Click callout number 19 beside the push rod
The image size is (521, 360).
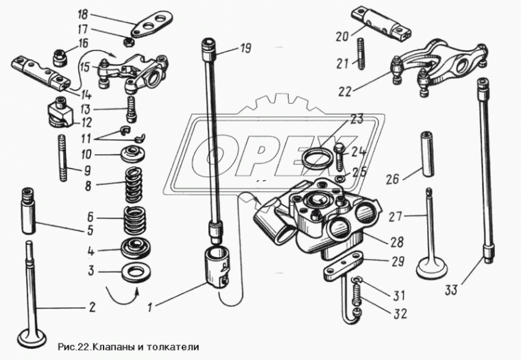245,49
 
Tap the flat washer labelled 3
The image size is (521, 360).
136,272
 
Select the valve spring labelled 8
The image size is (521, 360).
134,185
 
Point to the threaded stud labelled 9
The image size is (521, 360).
63,157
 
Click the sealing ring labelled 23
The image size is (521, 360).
318,159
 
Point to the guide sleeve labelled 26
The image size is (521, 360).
428,154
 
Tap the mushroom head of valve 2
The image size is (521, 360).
32,337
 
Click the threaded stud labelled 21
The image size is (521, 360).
361,53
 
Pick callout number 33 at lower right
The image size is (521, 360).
451,290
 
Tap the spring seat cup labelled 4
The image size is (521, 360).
136,248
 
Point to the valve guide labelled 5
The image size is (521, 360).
28,211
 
